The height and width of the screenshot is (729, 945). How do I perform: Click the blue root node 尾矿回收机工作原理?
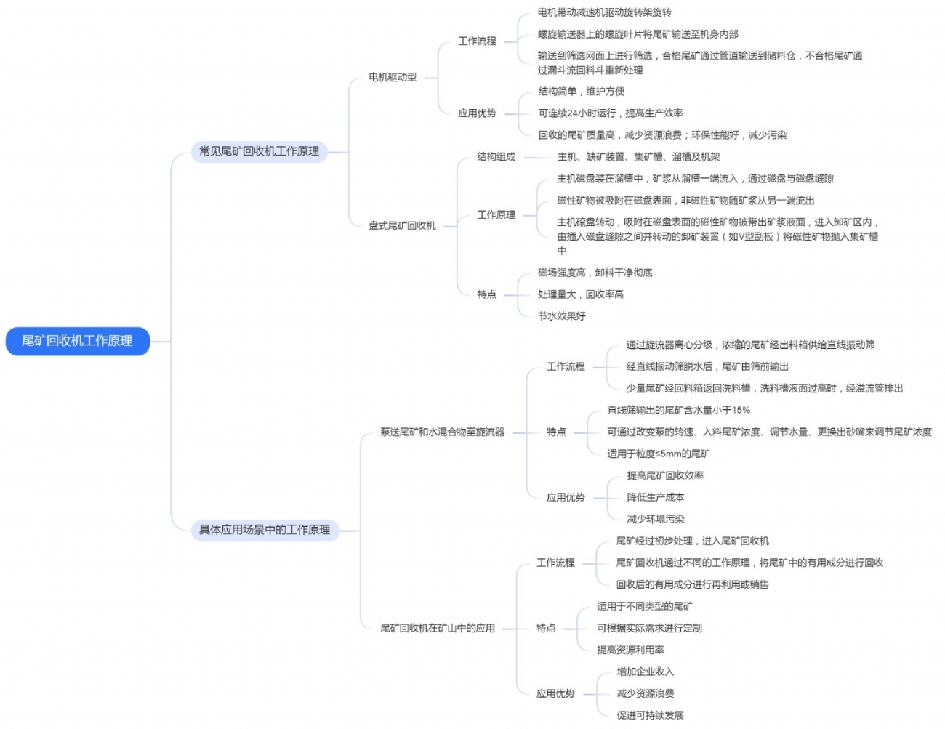[77, 341]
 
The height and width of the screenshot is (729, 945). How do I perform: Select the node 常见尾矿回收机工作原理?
[260, 151]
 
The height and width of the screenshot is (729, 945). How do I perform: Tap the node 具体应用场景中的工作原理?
[265, 530]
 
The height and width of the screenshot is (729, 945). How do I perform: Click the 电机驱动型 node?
[393, 77]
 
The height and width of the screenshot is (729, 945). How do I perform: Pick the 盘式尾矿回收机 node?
[402, 225]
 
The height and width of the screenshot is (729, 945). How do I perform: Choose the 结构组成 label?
[496, 156]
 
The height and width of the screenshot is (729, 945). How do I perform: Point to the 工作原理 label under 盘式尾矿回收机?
[496, 214]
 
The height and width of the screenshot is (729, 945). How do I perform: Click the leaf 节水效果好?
[561, 316]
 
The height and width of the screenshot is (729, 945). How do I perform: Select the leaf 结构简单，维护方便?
[582, 92]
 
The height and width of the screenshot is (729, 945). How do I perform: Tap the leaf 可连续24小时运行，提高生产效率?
[611, 113]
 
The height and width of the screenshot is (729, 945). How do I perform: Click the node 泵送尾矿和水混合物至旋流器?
[442, 432]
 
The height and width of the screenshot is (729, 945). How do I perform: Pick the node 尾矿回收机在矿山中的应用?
[438, 628]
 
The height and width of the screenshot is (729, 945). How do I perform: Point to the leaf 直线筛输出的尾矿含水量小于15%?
[679, 410]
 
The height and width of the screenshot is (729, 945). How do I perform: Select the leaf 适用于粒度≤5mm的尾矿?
[659, 454]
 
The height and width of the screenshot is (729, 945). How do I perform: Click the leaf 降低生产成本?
[656, 497]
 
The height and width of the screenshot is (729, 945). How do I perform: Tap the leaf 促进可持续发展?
[650, 715]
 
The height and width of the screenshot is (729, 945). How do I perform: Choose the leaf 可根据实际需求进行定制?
[649, 628]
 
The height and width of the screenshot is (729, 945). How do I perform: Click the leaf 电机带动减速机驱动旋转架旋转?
[605, 12]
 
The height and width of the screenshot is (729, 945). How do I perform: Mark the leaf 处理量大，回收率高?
[581, 294]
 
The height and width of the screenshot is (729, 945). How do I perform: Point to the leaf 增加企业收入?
[646, 672]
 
